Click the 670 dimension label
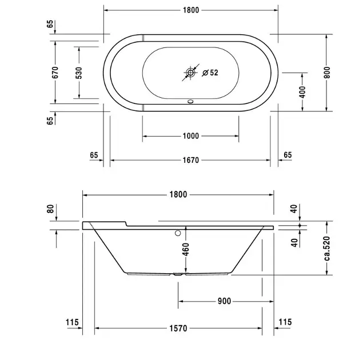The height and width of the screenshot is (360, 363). click(55, 73)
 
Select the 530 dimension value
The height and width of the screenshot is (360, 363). click(79, 73)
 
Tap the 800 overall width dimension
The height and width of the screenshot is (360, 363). click(327, 73)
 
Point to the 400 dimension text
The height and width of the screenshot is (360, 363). click(302, 91)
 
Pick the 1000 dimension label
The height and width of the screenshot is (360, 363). click(190, 136)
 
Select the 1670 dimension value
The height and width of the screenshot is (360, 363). click(190, 161)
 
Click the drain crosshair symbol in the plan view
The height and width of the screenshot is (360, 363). click(190, 73)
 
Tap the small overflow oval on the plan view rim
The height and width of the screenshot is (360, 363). click(190, 103)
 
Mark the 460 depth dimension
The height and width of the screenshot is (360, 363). click(186, 249)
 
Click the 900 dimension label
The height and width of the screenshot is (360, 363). click(224, 301)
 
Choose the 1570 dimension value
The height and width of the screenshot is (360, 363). click(178, 329)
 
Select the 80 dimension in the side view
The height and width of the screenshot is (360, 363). click(51, 209)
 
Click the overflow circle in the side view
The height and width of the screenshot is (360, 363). click(178, 233)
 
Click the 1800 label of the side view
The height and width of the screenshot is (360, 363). click(178, 194)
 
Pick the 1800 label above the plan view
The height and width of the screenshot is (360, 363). click(190, 10)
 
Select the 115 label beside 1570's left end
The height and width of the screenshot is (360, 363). click(71, 323)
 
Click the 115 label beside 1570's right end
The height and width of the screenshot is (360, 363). click(285, 323)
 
